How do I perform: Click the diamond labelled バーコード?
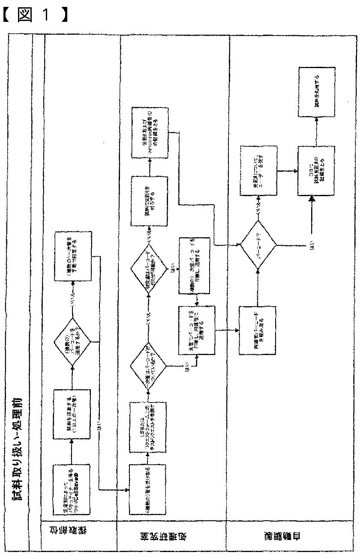(258, 245)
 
